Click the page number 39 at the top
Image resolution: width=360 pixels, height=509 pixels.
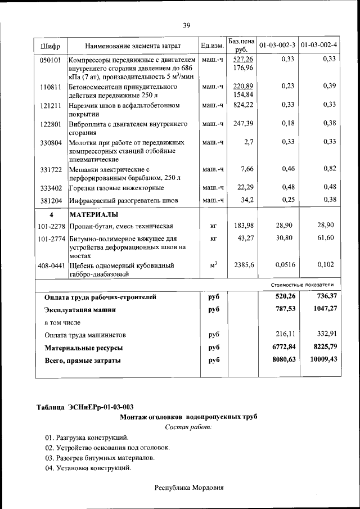pyautogui.click(x=186, y=25)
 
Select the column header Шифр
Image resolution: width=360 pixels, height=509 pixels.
pyautogui.click(x=51, y=45)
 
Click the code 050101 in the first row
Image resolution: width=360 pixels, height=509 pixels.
pyautogui.click(x=51, y=59)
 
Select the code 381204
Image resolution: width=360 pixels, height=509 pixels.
pyautogui.click(x=51, y=200)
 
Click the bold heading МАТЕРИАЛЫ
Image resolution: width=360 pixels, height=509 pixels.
pyautogui.click(x=93, y=215)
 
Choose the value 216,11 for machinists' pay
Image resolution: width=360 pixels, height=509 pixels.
pyautogui.click(x=285, y=334)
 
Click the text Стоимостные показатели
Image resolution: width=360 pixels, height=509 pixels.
pyautogui.click(x=306, y=285)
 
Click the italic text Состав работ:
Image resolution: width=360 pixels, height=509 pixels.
pyautogui.click(x=188, y=427)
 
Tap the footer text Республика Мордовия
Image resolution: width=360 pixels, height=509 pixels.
pyautogui.click(x=189, y=488)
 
